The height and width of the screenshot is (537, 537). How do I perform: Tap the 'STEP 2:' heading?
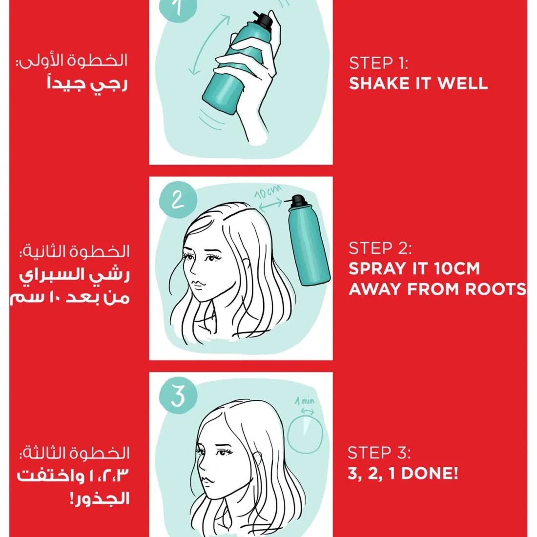tap(380, 248)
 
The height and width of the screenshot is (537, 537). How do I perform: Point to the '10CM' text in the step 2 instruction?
tap(457, 268)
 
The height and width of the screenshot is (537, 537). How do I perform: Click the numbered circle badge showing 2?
tap(178, 199)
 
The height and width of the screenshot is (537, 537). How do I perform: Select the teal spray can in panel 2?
tap(307, 240)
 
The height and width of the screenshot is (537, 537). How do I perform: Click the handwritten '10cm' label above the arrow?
tap(268, 192)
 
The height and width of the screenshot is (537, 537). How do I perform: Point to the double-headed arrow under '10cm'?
tap(270, 205)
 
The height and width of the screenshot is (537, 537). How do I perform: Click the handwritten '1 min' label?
tap(305, 401)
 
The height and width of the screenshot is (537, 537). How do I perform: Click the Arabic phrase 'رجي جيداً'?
tap(87, 84)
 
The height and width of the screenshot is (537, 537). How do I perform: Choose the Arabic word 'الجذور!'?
tap(100, 498)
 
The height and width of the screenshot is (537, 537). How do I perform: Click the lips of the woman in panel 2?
tap(198, 285)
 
